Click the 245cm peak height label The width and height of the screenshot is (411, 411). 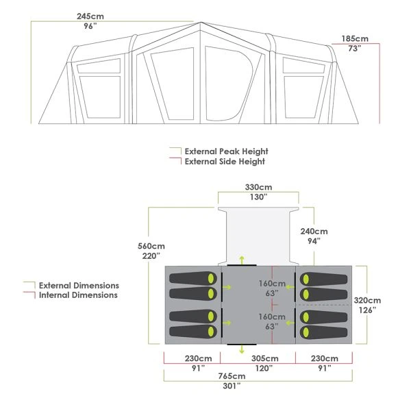point(90,21)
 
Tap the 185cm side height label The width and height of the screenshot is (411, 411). point(355,43)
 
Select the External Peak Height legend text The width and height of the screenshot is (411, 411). point(227,151)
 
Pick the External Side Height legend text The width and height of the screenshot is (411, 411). point(225,162)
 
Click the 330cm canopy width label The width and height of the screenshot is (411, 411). point(258,192)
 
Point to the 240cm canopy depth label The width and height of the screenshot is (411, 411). point(314,236)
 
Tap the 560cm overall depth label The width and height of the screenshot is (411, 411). point(151,251)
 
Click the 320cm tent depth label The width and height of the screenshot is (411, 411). point(367,305)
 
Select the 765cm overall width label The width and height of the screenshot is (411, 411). point(232,381)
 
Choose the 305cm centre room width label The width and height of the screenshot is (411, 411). point(265,363)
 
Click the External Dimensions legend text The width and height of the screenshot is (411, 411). point(79,285)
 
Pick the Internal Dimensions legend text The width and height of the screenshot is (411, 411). point(78,295)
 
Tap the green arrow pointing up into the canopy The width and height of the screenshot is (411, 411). point(242,260)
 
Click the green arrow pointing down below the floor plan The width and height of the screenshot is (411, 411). point(242,349)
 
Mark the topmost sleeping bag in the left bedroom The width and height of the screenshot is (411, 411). point(193,278)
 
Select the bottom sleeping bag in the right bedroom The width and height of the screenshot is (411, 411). point(324,332)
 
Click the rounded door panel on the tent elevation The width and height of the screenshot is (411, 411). point(229,84)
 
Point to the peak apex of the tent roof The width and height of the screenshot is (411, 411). point(201,23)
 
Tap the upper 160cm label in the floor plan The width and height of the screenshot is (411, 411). point(272,288)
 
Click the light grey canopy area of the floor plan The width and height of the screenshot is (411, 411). point(258,236)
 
